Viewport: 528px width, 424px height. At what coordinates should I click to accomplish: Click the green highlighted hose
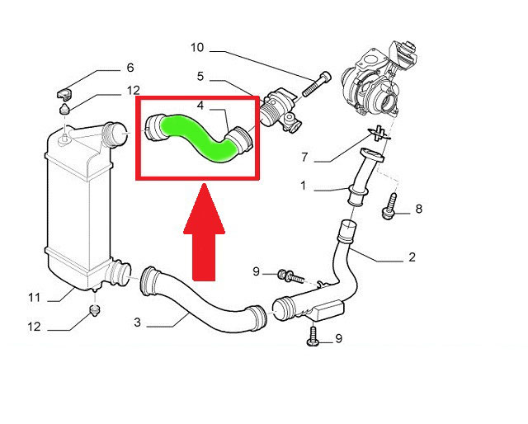point(196,134)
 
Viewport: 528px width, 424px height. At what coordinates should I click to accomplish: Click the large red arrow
point(204,233)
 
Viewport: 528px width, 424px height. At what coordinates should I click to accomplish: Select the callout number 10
point(197,48)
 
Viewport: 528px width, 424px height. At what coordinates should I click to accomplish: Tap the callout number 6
point(130,68)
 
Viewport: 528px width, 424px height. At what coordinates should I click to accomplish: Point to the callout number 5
point(200,77)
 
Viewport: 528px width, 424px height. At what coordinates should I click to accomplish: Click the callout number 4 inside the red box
point(200,106)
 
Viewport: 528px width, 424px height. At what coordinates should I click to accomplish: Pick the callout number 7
point(304,157)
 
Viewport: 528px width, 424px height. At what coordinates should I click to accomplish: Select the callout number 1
point(304,186)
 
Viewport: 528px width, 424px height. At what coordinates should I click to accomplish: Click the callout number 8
point(418,209)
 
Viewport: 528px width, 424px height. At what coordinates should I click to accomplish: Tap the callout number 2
point(412,257)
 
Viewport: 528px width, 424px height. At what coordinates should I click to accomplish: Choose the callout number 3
point(137,323)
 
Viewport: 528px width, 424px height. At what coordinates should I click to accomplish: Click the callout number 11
point(35,298)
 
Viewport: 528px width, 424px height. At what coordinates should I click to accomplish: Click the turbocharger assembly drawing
point(379,81)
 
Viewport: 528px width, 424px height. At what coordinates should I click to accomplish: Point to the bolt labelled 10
point(317,84)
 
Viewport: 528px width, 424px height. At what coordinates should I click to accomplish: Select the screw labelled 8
point(389,206)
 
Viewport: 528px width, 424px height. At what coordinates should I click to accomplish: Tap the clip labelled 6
point(64,93)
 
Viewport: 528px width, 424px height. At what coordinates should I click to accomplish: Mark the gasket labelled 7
point(379,134)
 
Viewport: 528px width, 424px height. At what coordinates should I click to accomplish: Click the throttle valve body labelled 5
point(281,111)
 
